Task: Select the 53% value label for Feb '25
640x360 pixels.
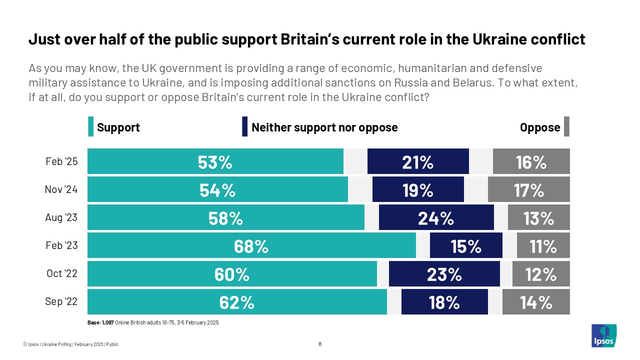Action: click(215, 162)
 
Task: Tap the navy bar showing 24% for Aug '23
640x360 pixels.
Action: click(436, 218)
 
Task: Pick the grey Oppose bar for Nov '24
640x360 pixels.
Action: click(528, 190)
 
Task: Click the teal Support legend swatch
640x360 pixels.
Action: click(90, 127)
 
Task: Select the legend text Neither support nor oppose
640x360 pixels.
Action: click(324, 127)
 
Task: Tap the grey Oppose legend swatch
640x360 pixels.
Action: click(566, 127)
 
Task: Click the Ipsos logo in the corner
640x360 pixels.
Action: click(603, 335)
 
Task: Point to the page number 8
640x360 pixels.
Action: click(320, 344)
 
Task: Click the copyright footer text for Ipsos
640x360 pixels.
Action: click(70, 344)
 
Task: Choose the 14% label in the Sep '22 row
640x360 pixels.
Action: click(535, 302)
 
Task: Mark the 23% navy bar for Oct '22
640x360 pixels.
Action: click(444, 274)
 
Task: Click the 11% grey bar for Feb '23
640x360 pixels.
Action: click(543, 245)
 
